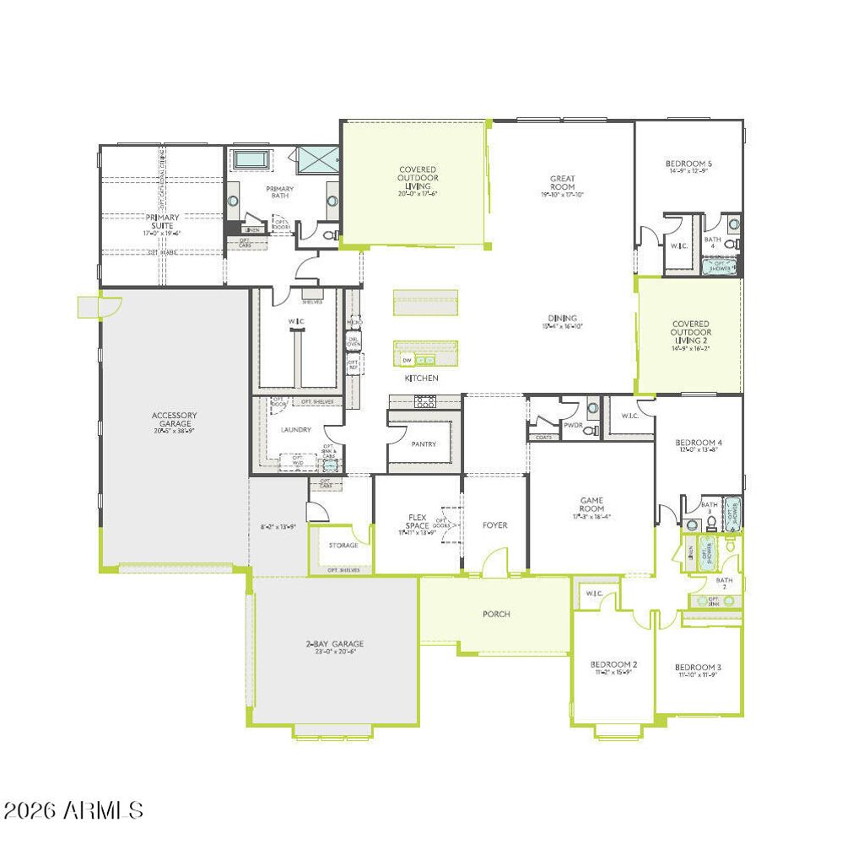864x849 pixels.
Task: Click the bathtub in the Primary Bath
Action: pyautogui.click(x=251, y=159)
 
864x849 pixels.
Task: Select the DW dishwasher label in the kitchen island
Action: pyautogui.click(x=407, y=361)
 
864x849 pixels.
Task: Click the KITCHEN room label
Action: pyautogui.click(x=422, y=379)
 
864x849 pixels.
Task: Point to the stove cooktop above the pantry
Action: pyautogui.click(x=425, y=401)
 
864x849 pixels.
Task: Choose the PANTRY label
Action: pyautogui.click(x=424, y=444)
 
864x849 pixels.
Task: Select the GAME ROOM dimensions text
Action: pyautogui.click(x=591, y=517)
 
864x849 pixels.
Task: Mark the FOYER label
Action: pyautogui.click(x=494, y=525)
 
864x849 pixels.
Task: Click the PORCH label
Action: pyautogui.click(x=496, y=614)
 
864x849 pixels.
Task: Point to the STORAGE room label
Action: pyautogui.click(x=343, y=545)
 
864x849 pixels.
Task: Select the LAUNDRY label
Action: pyautogui.click(x=295, y=430)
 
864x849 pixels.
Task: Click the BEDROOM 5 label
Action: pyautogui.click(x=688, y=164)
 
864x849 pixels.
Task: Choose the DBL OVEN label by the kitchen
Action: pyautogui.click(x=354, y=342)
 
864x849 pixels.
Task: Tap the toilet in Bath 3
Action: pyautogui.click(x=711, y=523)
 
